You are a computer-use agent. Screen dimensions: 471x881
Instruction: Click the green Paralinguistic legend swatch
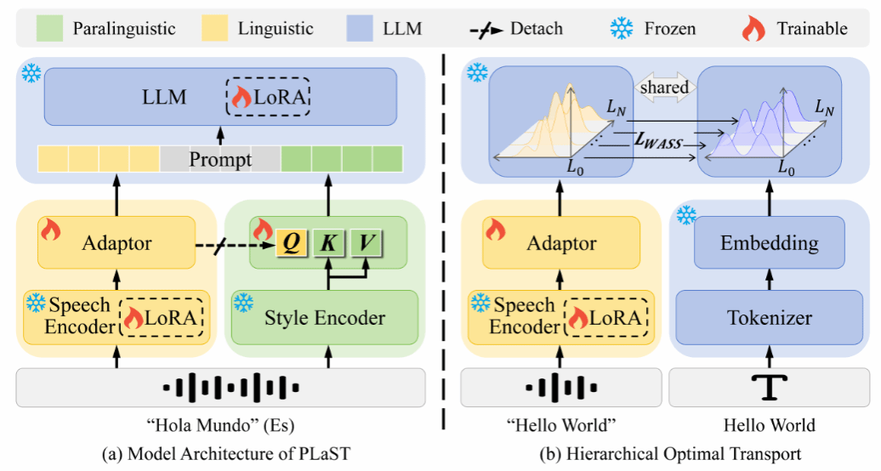(52, 29)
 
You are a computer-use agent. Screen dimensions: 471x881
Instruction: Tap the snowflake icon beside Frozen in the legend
(622, 29)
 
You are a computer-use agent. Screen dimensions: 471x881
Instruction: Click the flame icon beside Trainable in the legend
(753, 29)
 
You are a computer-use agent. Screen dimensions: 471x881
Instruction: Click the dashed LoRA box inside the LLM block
(268, 98)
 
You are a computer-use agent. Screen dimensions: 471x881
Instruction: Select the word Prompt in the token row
(220, 159)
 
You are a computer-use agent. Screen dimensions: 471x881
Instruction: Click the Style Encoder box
(325, 318)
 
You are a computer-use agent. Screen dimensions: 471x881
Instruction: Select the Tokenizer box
(769, 318)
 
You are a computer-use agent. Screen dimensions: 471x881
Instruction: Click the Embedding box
(769, 244)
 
